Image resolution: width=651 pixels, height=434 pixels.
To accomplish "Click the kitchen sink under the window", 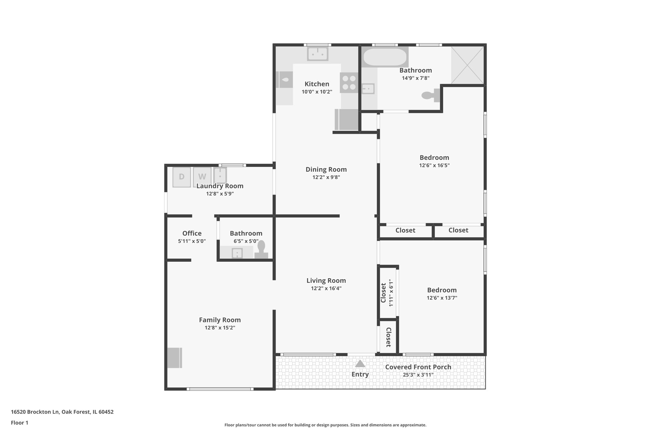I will (317, 54).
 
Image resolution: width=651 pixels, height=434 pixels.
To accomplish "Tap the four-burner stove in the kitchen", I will (349, 83).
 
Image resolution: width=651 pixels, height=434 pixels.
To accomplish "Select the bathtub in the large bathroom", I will (385, 57).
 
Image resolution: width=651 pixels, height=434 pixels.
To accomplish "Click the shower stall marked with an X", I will (468, 65).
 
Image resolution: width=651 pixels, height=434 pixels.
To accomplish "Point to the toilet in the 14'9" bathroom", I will (431, 95).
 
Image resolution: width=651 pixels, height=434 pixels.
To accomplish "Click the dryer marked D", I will (182, 177).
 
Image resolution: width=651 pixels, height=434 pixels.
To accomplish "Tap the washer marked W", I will (202, 177).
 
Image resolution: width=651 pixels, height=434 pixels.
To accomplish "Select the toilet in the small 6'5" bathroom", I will (261, 250).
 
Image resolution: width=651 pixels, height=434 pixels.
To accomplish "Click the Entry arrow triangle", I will (360, 363).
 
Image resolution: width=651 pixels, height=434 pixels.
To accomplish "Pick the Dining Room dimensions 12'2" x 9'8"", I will (326, 177).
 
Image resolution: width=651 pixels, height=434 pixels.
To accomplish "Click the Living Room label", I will (326, 280).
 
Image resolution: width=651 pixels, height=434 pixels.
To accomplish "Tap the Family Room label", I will (220, 320).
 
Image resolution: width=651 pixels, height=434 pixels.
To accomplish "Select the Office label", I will (192, 233).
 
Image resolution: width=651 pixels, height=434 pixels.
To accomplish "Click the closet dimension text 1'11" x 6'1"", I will (391, 293).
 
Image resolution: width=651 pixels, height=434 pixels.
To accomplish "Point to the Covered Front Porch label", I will (418, 367).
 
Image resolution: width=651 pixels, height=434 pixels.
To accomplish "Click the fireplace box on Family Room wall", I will (175, 358).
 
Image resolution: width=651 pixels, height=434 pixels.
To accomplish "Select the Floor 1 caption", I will (19, 423).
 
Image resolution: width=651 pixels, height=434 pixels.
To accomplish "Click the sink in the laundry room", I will (220, 175).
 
